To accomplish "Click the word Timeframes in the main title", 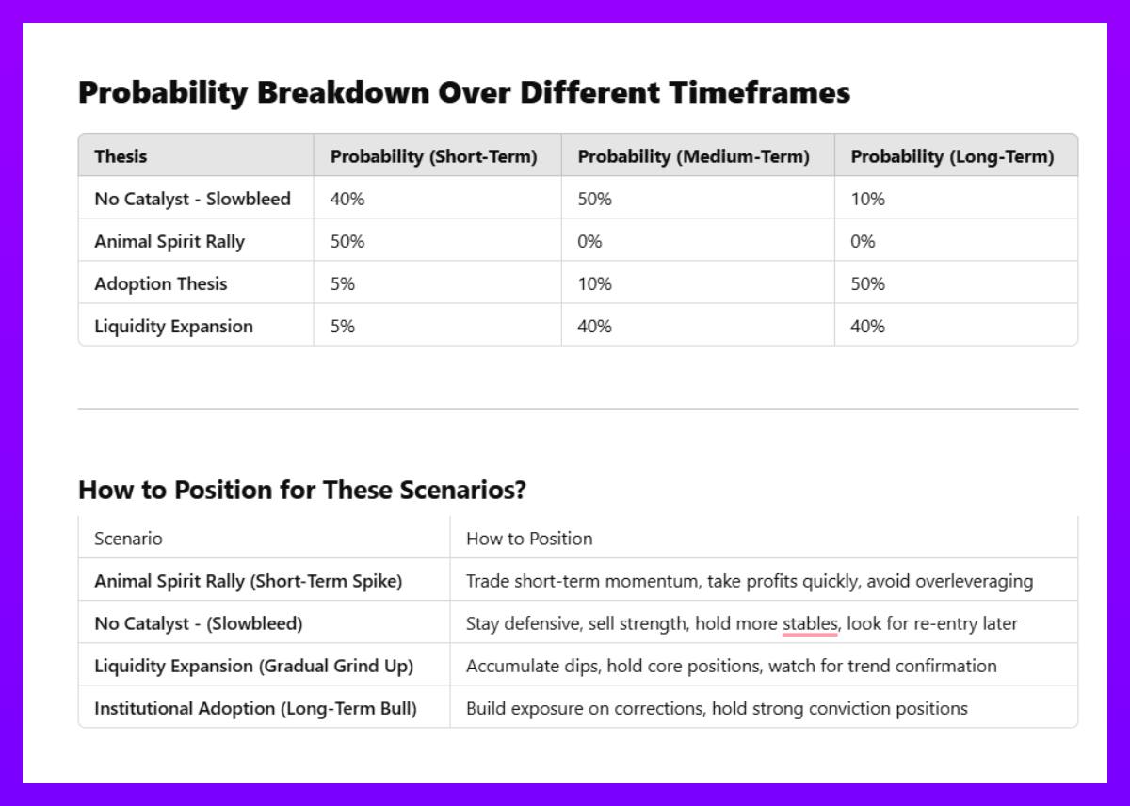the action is [760, 92].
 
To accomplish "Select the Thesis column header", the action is [121, 156].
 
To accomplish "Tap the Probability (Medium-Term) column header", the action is [694, 157].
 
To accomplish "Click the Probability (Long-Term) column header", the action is [952, 157].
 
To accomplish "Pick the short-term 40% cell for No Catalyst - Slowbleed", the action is [347, 199].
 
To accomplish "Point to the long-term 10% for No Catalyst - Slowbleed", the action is [867, 199].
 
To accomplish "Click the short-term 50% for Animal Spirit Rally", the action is [347, 241].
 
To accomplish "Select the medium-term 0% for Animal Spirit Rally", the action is [589, 241].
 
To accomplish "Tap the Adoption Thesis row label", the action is [161, 284].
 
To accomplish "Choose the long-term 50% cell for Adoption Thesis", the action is [867, 284].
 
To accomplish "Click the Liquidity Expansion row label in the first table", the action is [174, 327].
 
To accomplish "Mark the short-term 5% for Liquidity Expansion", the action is [343, 327].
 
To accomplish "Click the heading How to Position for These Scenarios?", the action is [302, 490].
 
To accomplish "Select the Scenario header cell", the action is [129, 539].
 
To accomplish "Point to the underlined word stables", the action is [810, 624].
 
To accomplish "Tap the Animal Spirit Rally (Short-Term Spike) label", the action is [249, 582].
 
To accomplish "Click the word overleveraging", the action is [974, 582].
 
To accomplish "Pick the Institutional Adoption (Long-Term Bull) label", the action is [256, 709].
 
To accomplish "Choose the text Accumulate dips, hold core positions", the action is [613, 667].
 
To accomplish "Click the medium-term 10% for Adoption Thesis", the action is [595, 284].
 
